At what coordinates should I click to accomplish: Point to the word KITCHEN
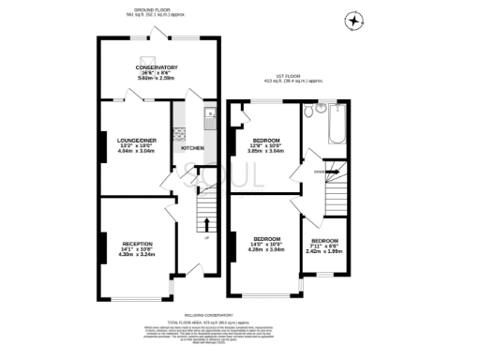coord(192,148)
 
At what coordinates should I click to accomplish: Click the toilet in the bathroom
coord(308,110)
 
